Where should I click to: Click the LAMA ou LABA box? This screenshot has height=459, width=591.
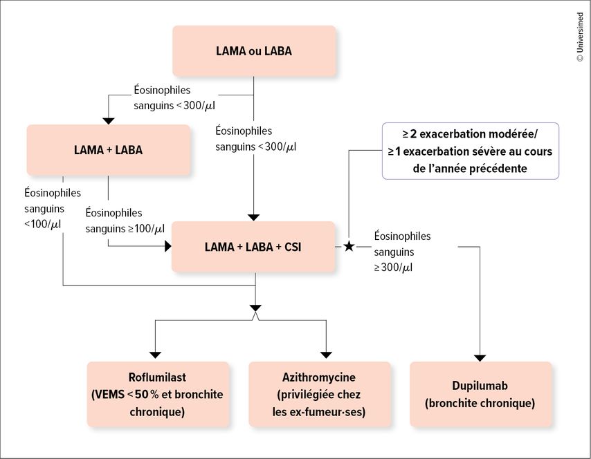254,51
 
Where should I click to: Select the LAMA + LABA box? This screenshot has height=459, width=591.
109,150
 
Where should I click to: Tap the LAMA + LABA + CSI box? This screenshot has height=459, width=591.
253,247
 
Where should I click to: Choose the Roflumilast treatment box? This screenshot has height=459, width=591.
158,394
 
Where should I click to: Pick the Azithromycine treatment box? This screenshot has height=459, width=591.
320,394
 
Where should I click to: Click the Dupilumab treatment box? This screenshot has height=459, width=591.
480,394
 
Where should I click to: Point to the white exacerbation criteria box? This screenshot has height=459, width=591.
471,151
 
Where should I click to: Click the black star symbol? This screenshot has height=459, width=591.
349,247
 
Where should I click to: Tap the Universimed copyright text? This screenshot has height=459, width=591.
580,37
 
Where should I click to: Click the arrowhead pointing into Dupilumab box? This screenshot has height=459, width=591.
480,358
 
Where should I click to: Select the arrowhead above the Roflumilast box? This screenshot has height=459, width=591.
155,355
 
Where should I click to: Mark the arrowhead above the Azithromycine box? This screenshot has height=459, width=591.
326,355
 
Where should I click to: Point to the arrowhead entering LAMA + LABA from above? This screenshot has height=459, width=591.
109,121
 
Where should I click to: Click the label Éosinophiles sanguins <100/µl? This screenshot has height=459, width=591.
53,209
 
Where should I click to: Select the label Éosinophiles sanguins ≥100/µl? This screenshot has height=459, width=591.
125,221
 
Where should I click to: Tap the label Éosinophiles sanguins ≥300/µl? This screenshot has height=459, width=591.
402,252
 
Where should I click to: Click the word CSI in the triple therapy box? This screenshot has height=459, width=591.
293,247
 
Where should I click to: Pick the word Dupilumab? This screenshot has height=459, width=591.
480,386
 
